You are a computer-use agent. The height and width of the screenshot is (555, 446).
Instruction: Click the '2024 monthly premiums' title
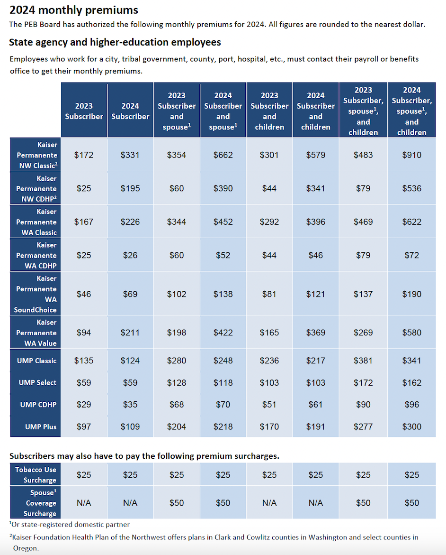[x=74, y=9]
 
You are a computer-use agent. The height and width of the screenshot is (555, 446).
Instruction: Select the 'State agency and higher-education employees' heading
[x=115, y=42]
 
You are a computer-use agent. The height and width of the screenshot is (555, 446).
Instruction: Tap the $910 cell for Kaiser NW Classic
[x=411, y=155]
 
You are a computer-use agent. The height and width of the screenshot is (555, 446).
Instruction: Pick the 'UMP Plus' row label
[x=41, y=426]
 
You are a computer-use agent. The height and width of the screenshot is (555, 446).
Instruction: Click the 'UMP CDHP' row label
[x=38, y=405]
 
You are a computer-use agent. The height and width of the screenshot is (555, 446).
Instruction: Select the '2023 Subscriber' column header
[x=84, y=111]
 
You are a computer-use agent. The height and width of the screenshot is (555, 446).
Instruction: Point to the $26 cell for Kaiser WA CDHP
[x=130, y=255]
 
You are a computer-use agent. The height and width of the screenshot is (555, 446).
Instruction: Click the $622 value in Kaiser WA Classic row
[x=411, y=222]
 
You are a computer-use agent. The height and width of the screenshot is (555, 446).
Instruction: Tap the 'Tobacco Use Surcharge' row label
[x=36, y=474]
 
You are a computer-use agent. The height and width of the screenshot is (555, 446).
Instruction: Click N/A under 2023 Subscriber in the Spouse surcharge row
[x=84, y=503]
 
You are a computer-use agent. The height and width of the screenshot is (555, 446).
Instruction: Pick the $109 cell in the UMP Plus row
[x=130, y=426]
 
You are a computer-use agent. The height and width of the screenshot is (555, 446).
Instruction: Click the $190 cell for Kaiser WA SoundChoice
[x=411, y=294]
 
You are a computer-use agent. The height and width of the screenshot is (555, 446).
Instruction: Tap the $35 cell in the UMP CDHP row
[x=130, y=405]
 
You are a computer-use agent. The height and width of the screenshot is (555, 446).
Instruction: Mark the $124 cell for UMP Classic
[x=130, y=361]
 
